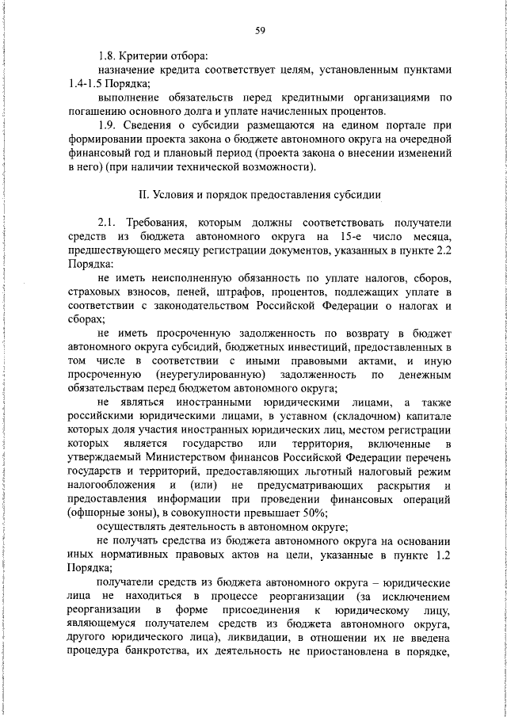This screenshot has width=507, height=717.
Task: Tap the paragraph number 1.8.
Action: click(x=108, y=56)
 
